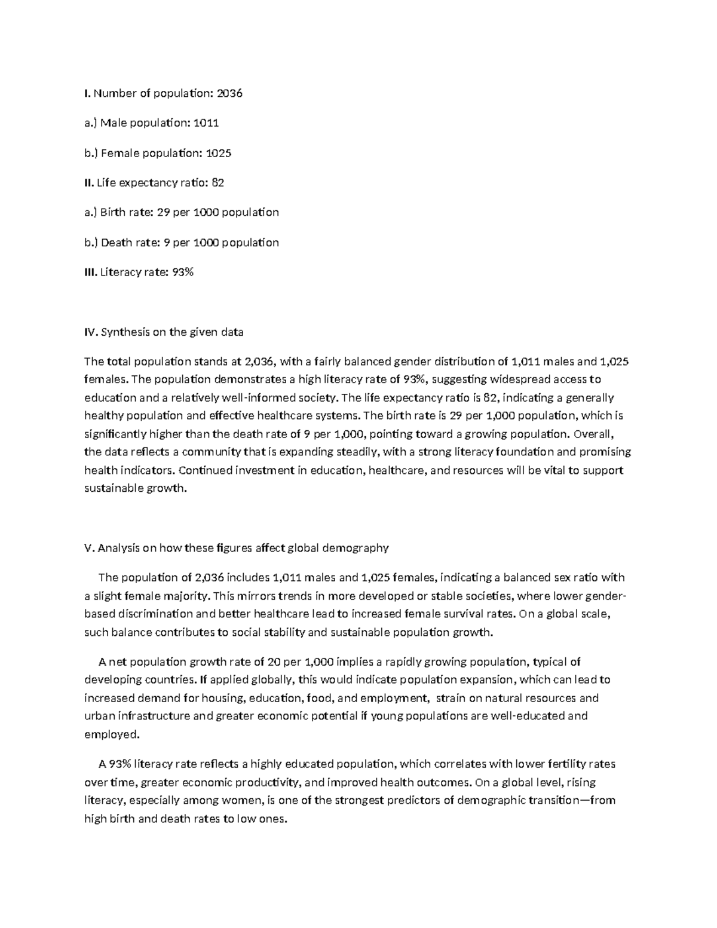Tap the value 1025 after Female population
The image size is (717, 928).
218,153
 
